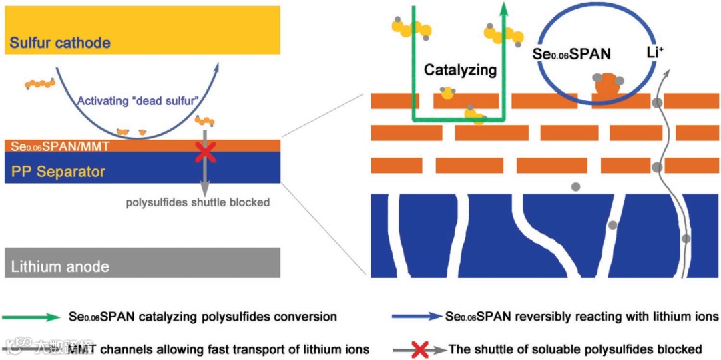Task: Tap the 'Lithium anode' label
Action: point(60,267)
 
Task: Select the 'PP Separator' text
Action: point(58,172)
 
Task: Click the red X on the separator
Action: point(205,152)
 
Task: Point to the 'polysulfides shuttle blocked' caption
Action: point(198,202)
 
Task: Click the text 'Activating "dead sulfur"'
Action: point(138,102)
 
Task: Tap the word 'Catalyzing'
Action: point(461,69)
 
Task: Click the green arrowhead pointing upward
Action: point(504,9)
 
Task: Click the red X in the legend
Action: point(420,349)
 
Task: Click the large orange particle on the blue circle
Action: point(606,85)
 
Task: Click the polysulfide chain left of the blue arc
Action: point(39,83)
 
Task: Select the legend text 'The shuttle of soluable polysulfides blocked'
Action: point(575,349)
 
